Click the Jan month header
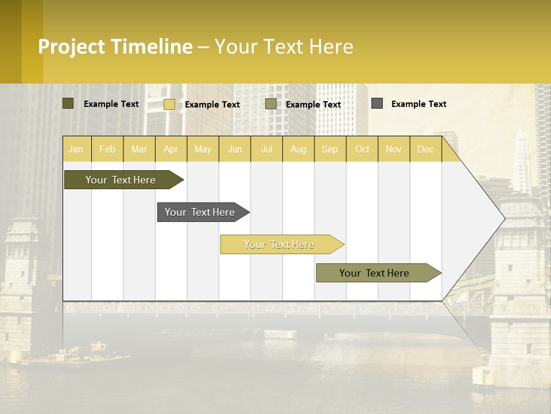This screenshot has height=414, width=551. click(x=76, y=149)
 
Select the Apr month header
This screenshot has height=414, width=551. click(x=170, y=149)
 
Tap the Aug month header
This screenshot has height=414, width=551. click(x=298, y=149)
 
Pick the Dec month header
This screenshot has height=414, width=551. click(x=425, y=149)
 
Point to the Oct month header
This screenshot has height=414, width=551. click(x=362, y=149)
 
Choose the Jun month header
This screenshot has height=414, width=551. click(x=235, y=149)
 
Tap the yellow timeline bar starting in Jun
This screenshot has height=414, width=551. click(x=280, y=244)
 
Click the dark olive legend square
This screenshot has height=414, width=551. click(x=68, y=103)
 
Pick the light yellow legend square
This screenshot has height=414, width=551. click(x=169, y=104)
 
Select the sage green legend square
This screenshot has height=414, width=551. click(x=271, y=104)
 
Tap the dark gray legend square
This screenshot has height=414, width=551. click(x=377, y=103)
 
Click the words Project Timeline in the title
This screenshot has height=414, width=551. click(x=115, y=47)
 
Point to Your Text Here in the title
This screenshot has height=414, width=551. click(x=284, y=47)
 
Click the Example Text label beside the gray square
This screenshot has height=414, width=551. click(x=418, y=104)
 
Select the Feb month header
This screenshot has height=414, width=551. click(x=107, y=149)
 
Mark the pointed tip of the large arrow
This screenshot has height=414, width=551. click(x=504, y=218)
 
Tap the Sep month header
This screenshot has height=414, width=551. click(x=329, y=149)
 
